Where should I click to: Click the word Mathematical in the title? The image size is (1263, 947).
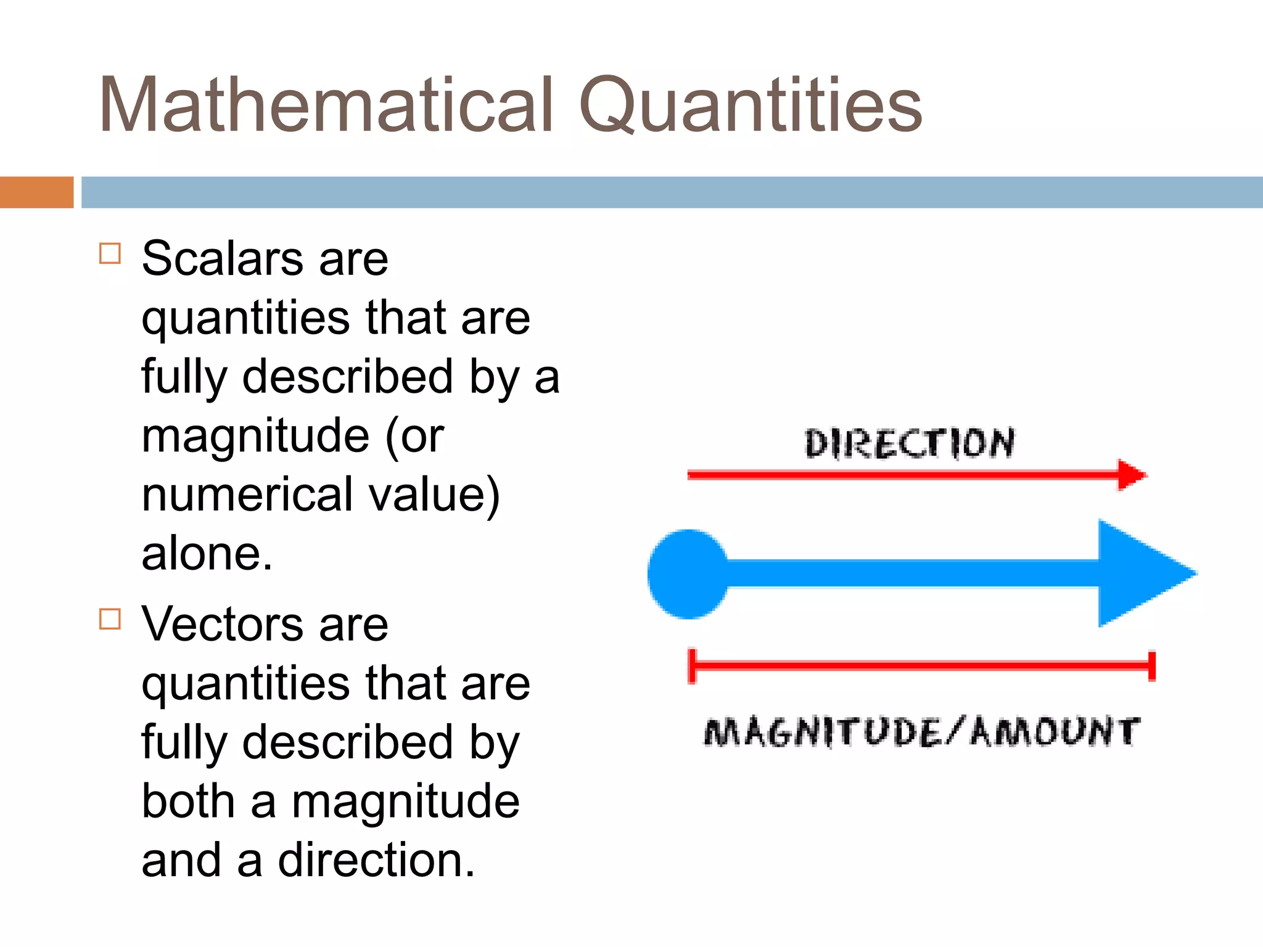[326, 105]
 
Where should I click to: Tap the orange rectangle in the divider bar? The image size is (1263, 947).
[36, 192]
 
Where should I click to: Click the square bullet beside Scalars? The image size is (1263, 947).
[110, 253]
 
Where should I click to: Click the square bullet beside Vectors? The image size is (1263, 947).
[110, 618]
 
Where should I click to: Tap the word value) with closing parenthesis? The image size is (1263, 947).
[434, 494]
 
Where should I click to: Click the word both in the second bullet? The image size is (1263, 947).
[188, 801]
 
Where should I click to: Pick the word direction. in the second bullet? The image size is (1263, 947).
[376, 860]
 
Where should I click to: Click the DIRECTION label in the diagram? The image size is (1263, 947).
[909, 443]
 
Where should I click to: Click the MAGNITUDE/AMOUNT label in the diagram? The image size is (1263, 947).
[921, 732]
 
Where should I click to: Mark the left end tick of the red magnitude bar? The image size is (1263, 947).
[693, 666]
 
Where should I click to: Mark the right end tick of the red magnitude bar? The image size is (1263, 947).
[1151, 666]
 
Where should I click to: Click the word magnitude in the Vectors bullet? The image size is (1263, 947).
[405, 801]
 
